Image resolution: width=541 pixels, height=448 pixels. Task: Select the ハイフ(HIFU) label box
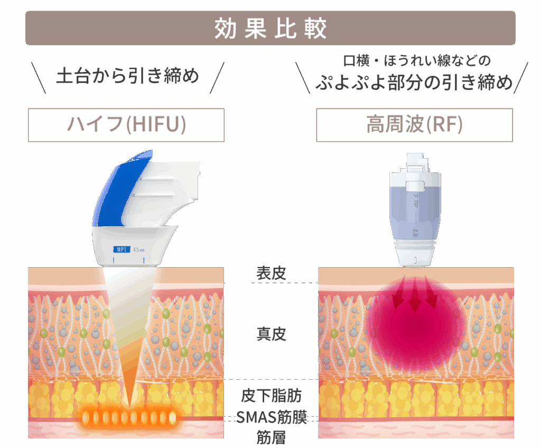126,125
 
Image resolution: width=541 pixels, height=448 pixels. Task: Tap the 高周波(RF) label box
414,125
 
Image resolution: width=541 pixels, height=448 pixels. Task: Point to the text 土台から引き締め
127,76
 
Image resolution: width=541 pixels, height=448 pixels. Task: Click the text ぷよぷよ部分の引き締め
414,83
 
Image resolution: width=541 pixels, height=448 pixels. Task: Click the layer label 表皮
271,273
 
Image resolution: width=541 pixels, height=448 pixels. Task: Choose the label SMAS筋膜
271,417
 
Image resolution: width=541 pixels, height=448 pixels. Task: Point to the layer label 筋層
271,437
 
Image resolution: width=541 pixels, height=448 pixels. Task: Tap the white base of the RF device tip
415,256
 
